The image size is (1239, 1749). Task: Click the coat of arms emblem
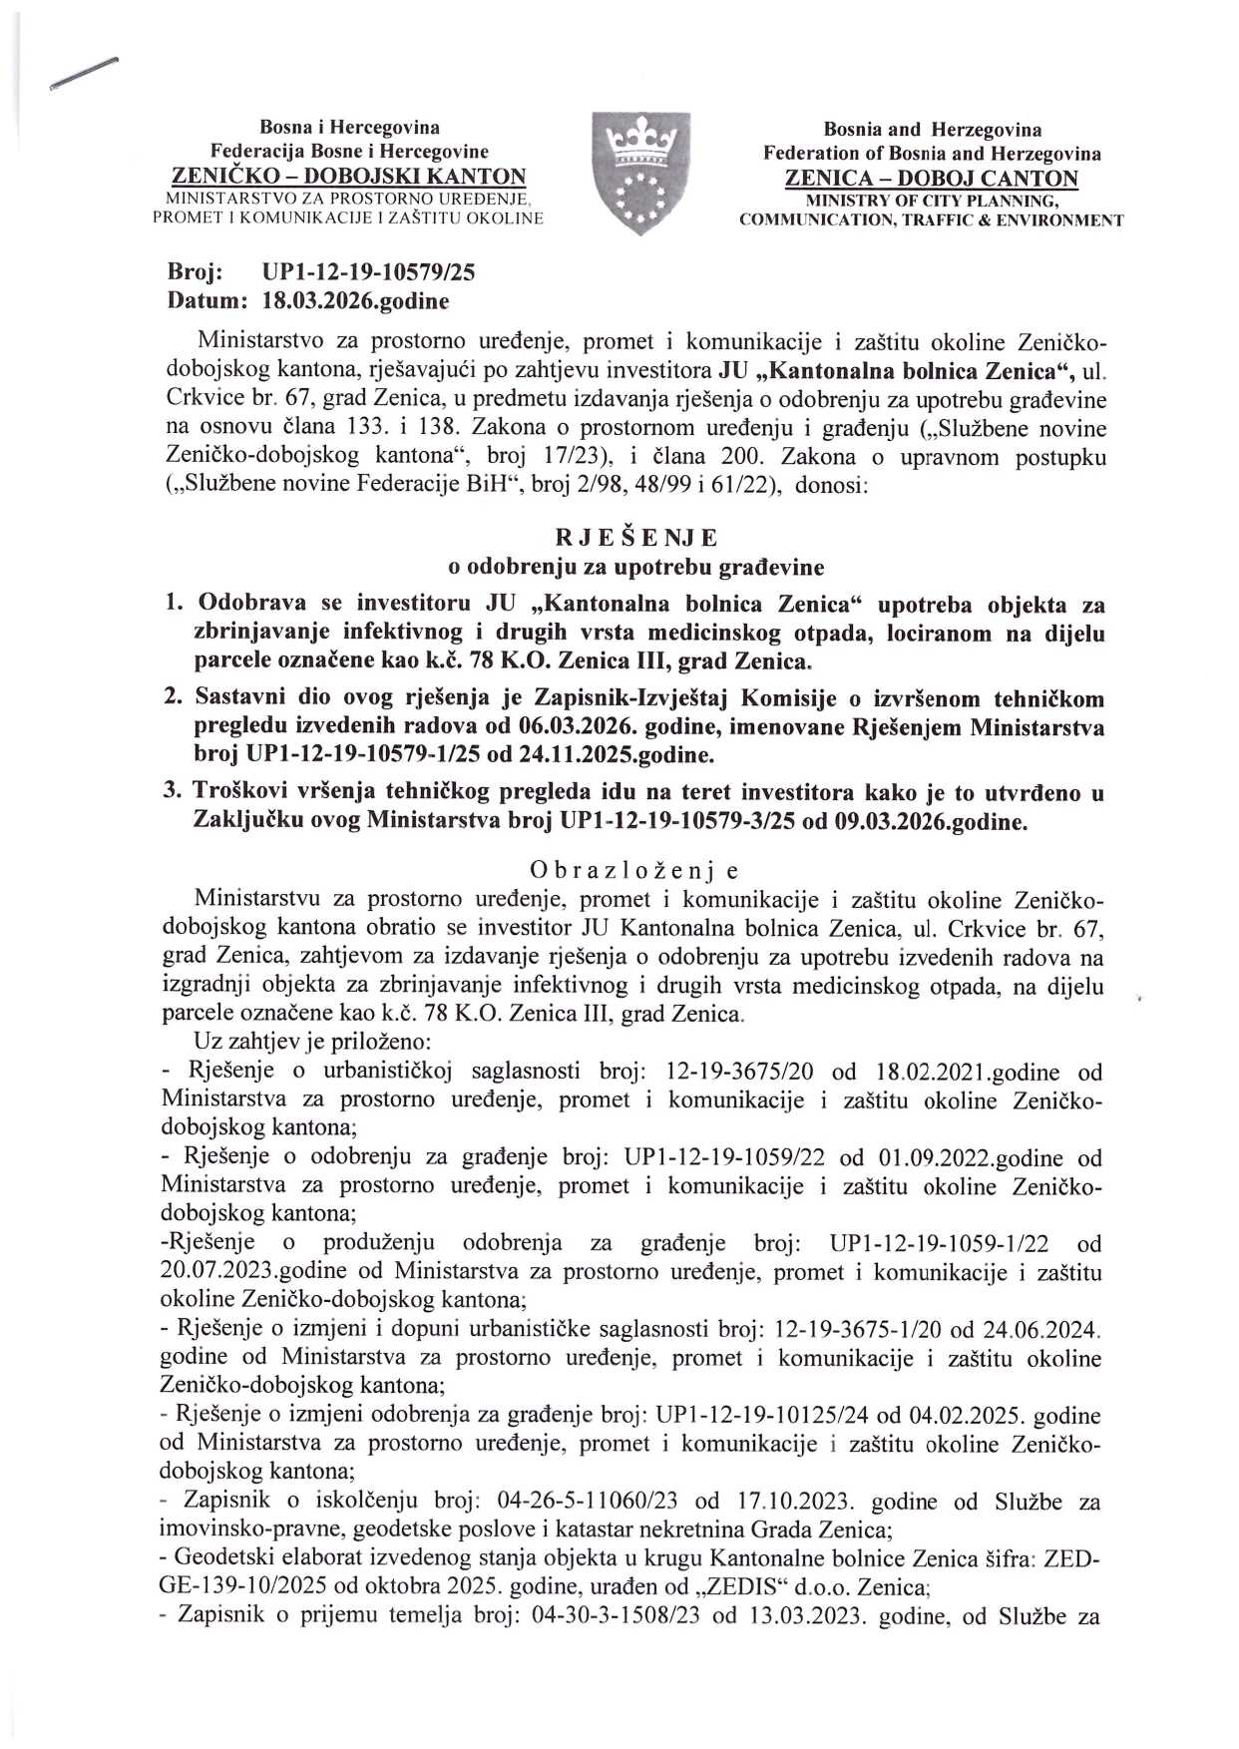coord(641,173)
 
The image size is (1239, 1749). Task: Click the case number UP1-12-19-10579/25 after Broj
coord(368,271)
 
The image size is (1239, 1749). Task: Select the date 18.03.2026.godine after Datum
coord(355,300)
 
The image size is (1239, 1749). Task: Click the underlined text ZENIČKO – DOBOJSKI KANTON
coord(349,177)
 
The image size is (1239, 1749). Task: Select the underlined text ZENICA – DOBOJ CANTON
coord(932,179)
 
